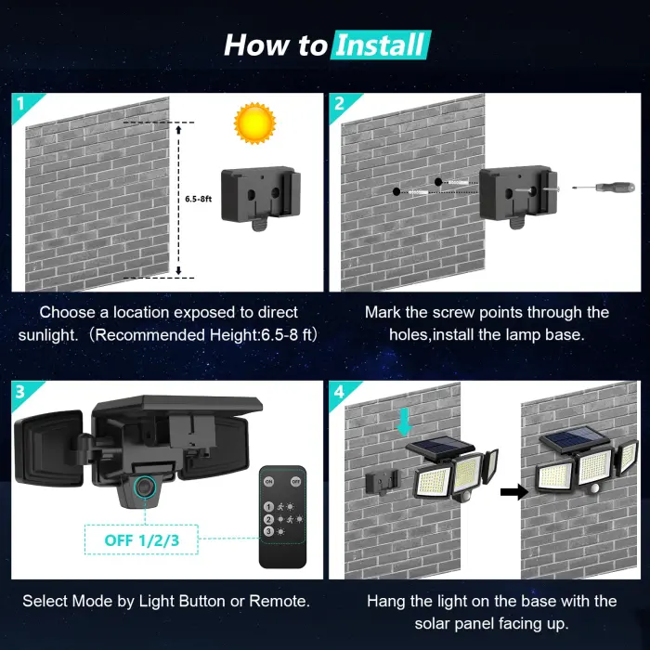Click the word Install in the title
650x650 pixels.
[381, 44]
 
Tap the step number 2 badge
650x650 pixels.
[339, 102]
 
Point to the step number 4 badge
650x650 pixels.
[339, 391]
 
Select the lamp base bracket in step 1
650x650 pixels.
[261, 198]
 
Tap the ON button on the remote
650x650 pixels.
[269, 482]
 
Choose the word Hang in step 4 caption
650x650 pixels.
[386, 602]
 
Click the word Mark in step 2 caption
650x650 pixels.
[383, 313]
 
